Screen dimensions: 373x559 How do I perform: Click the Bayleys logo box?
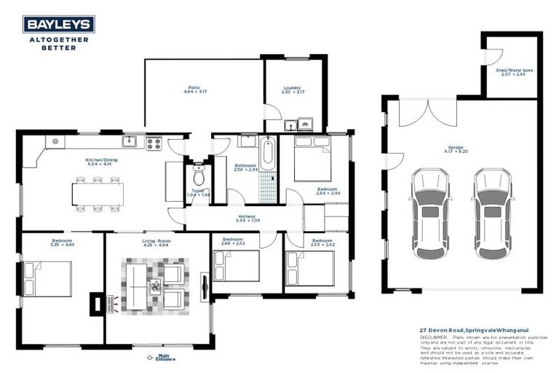(x=58, y=25)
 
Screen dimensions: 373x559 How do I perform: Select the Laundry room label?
(x=291, y=89)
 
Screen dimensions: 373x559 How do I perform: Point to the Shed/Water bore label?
(x=515, y=71)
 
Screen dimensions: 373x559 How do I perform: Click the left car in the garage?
(x=429, y=208)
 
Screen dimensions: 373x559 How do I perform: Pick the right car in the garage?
(x=490, y=208)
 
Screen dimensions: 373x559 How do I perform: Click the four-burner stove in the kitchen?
(x=154, y=143)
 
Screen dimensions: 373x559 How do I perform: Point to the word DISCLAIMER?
(x=434, y=337)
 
